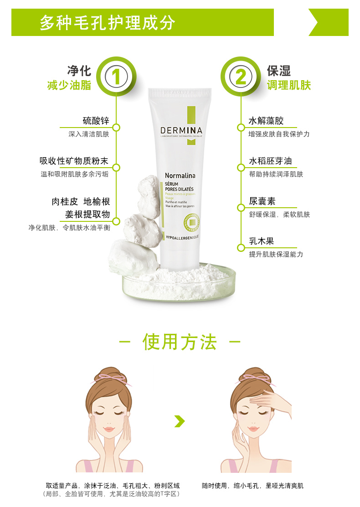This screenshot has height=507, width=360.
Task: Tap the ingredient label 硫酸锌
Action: click(x=96, y=121)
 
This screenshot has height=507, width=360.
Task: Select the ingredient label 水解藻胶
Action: click(x=266, y=121)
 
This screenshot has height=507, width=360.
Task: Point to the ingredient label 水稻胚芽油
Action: click(x=270, y=161)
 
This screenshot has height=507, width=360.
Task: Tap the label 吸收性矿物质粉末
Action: click(x=74, y=161)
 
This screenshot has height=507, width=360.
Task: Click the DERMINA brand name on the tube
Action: click(x=181, y=130)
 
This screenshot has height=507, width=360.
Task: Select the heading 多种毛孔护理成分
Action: click(x=108, y=22)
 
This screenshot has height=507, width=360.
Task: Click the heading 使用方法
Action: click(x=180, y=342)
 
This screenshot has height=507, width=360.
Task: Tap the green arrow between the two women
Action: click(x=180, y=421)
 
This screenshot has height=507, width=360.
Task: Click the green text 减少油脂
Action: click(x=69, y=85)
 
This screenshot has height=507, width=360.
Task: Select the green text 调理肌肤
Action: click(x=288, y=85)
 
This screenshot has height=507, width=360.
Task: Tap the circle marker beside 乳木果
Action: click(x=240, y=247)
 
